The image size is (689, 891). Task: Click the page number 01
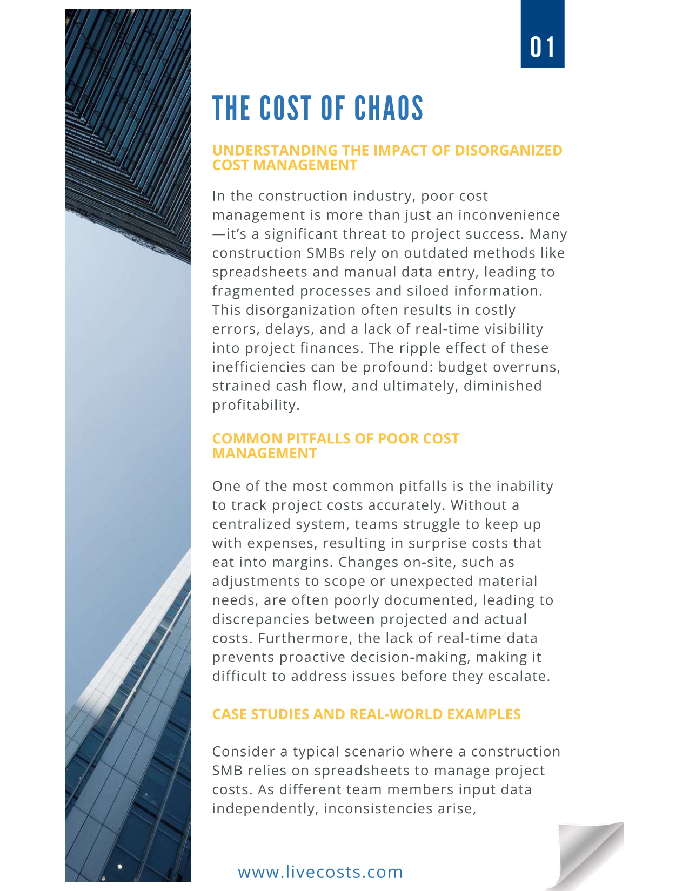pos(542,48)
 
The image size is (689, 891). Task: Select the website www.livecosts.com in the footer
pos(320,872)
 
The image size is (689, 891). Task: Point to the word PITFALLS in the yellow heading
pos(318,438)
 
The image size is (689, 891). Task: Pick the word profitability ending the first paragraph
pos(255,405)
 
